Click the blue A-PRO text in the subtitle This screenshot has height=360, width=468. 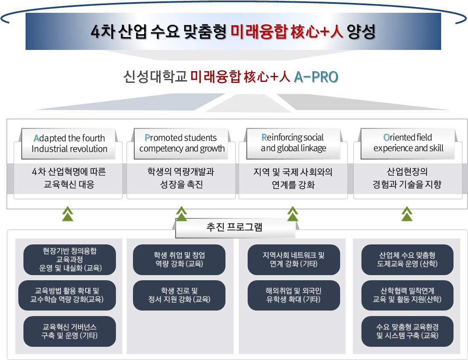pos(316,77)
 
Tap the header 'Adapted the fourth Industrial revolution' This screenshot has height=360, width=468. pos(69,143)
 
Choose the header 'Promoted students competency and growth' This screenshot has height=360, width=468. pos(181,143)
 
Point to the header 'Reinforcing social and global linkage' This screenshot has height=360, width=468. pos(293,143)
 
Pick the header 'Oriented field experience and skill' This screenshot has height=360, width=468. pos(408,143)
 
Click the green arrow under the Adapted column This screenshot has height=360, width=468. pos(68,214)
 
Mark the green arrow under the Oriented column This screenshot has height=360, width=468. pos(407,214)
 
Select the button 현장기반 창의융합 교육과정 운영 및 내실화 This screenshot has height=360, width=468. pos(69,260)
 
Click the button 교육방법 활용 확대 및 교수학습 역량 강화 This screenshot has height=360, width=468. pos(67,295)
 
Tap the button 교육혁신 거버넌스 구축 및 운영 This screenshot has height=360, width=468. pos(69,331)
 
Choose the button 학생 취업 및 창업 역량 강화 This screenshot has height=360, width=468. pos(179,260)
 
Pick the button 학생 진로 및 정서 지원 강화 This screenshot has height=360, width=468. pos(179,295)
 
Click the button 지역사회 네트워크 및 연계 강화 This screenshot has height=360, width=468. pos(294,260)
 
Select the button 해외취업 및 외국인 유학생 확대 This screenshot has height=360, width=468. pos(294,295)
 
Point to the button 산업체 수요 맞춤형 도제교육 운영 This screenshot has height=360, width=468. pos(407,260)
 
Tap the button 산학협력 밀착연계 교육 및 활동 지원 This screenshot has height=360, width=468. pos(407,295)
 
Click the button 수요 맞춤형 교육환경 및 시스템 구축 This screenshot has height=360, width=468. pos(407,331)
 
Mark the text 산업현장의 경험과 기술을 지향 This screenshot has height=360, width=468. pos(407,178)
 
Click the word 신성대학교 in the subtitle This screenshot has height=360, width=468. pos(155,77)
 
